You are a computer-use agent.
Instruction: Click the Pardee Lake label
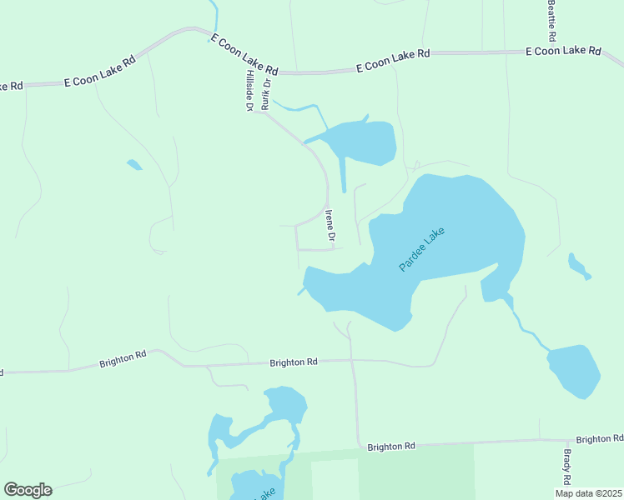(422, 249)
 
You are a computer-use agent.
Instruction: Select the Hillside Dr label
(249, 90)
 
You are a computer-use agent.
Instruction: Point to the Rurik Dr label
(266, 95)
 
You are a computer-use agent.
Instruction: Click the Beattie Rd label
(551, 21)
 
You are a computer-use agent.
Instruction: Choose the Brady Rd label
(566, 467)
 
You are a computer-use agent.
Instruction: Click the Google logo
(28, 490)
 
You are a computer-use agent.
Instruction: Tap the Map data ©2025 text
(588, 493)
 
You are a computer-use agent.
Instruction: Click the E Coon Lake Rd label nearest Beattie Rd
(563, 51)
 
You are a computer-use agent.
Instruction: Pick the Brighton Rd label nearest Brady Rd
(599, 439)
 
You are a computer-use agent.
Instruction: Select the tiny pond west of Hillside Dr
(133, 164)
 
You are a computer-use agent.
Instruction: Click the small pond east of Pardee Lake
(578, 266)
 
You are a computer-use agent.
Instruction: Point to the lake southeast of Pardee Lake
(574, 369)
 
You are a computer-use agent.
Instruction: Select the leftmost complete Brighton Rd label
(123, 359)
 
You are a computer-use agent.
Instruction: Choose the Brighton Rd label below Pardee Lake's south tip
(294, 362)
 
